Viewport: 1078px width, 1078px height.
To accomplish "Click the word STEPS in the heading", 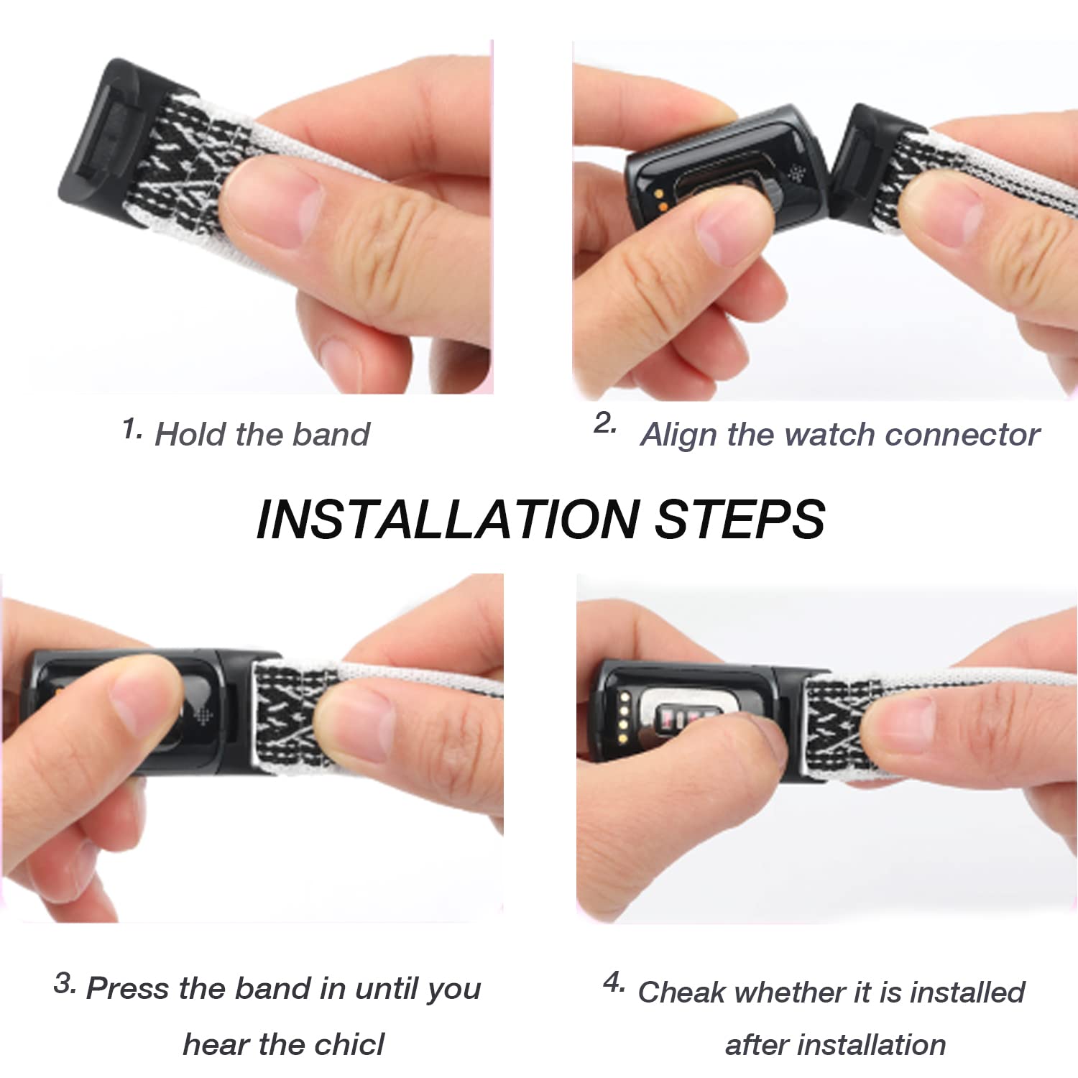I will point(740,519).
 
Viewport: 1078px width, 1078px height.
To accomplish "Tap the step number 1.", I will point(131,429).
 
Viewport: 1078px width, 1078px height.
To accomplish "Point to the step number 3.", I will point(64,982).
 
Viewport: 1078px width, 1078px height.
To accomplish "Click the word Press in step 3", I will point(129,988).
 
